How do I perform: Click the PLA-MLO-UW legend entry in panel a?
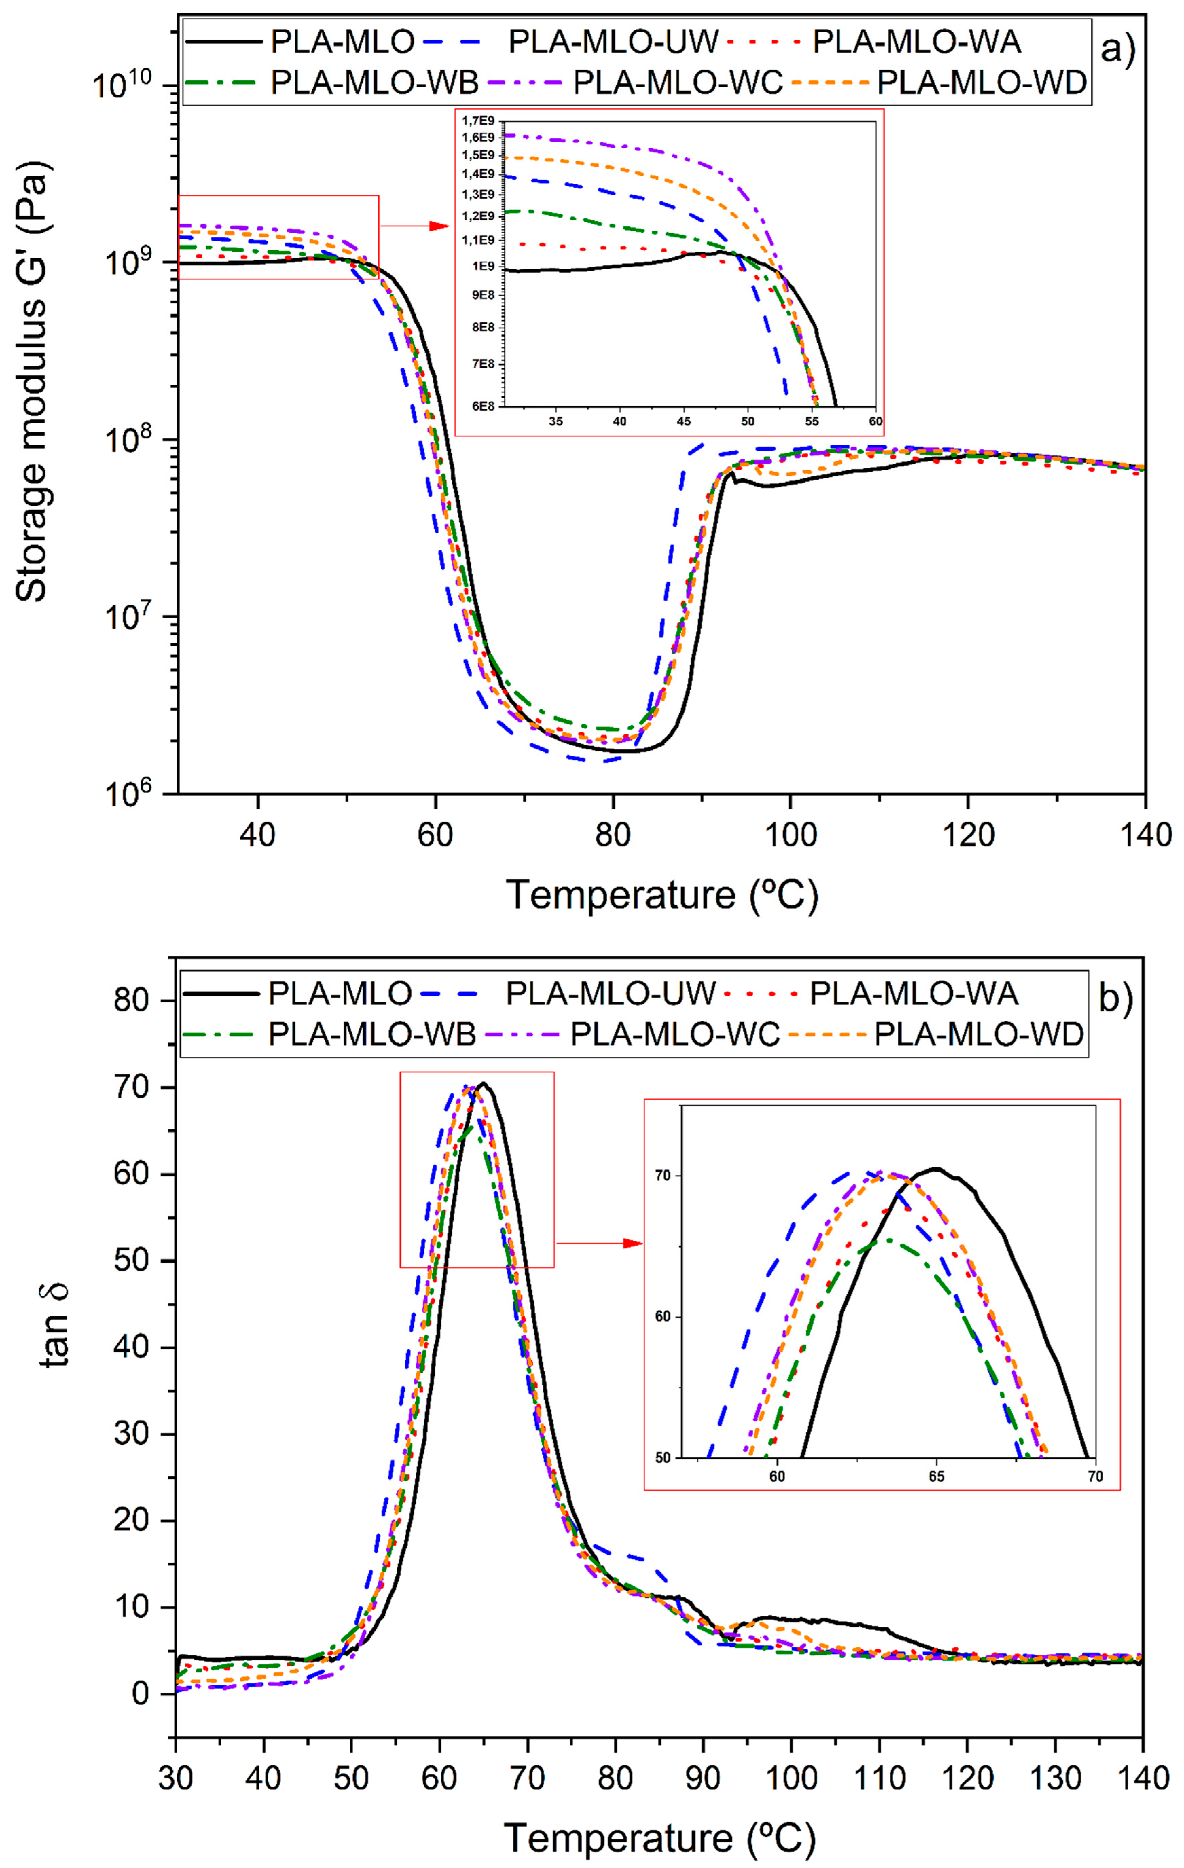coord(613,41)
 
